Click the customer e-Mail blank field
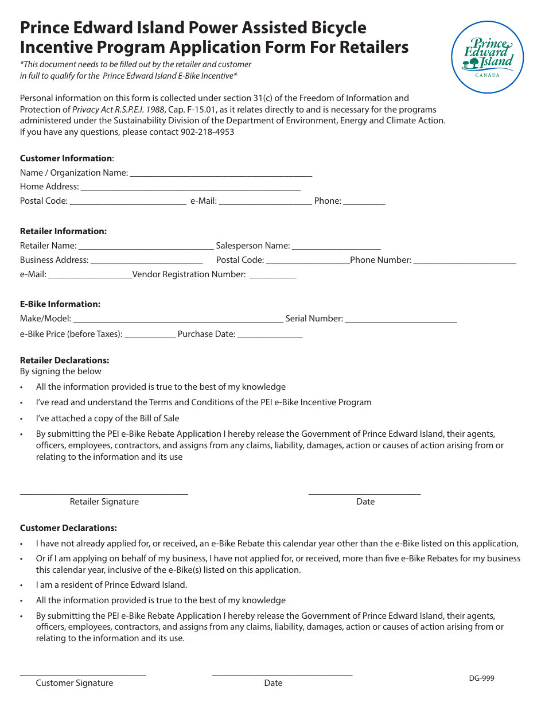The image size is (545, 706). click(x=265, y=201)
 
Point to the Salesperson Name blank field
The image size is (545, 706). click(x=336, y=246)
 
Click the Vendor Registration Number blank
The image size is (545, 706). click(x=273, y=274)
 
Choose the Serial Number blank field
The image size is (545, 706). click(x=401, y=319)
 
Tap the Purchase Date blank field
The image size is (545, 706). click(x=270, y=334)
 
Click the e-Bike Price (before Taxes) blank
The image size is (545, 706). click(x=150, y=334)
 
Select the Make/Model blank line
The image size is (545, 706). click(x=178, y=319)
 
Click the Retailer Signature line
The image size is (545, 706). click(x=104, y=492)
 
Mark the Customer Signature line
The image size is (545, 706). click(x=83, y=673)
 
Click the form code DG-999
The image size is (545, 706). click(x=481, y=678)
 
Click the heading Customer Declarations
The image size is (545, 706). click(x=68, y=528)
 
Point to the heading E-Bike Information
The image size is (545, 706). click(x=60, y=304)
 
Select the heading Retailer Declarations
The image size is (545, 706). click(x=64, y=360)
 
